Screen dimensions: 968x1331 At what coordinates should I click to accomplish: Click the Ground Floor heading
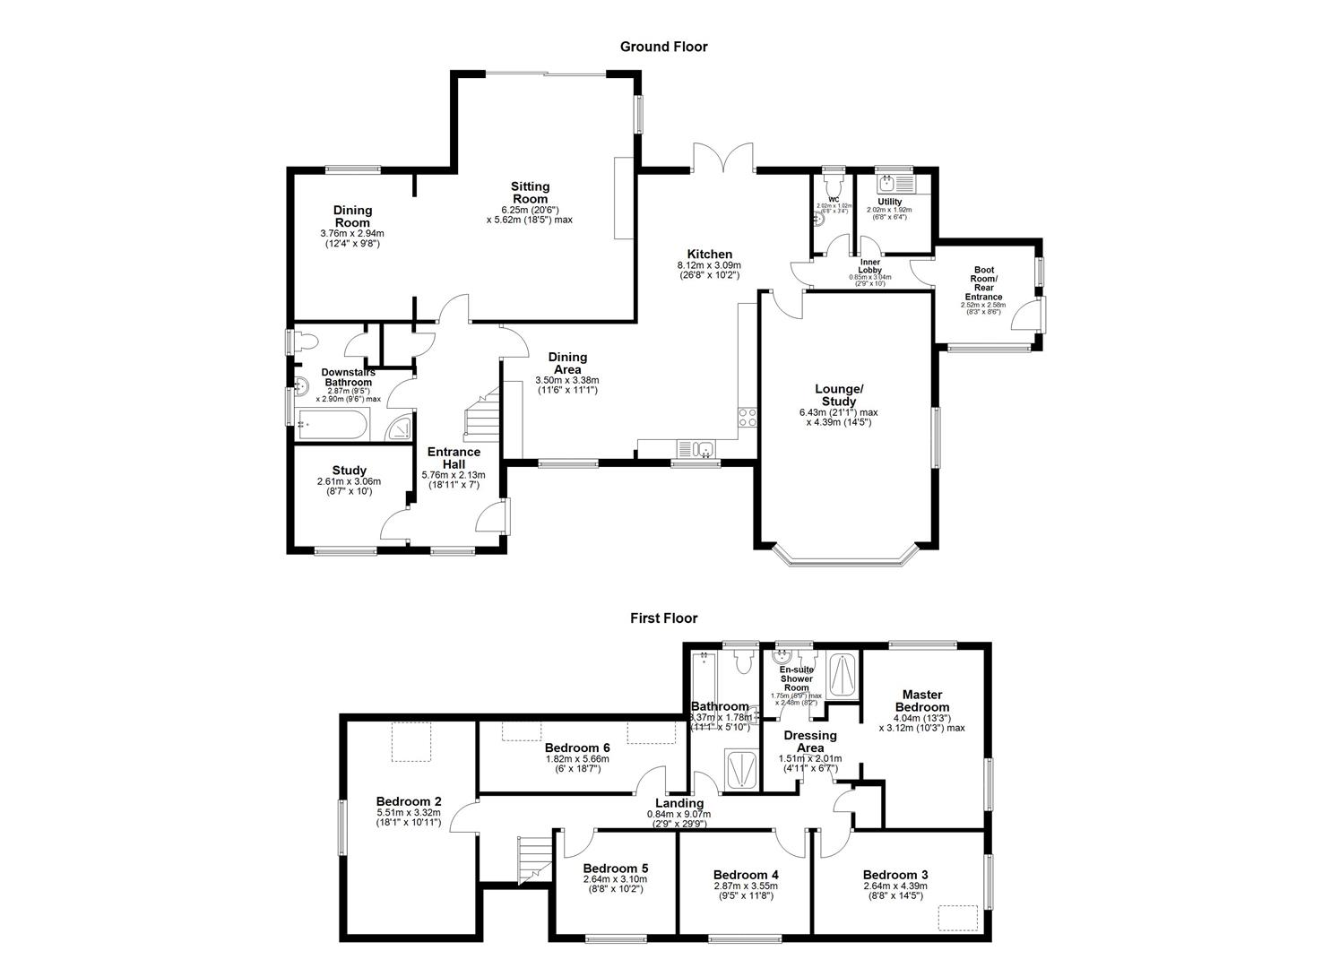tap(663, 47)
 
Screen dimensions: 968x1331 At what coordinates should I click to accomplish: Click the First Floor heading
tap(663, 618)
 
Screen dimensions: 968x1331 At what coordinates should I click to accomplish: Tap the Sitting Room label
tap(530, 193)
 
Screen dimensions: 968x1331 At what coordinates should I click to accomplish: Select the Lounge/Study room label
tap(838, 395)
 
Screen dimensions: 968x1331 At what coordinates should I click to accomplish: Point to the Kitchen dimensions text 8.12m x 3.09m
tap(709, 265)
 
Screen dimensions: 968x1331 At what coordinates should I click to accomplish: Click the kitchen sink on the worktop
tap(696, 449)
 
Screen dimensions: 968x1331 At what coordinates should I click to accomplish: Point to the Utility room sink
tap(889, 185)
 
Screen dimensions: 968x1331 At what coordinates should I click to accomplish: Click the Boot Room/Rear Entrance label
tap(983, 283)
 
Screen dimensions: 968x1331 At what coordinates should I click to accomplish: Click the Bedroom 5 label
tap(615, 869)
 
